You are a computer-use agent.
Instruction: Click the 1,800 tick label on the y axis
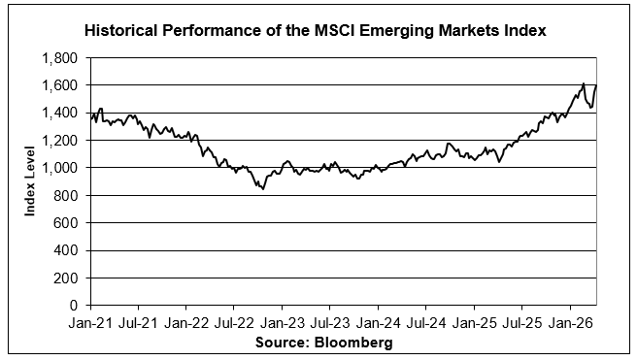pyautogui.click(x=59, y=58)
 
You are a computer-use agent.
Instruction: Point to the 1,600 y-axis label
pyautogui.click(x=59, y=85)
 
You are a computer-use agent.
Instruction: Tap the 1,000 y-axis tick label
pyautogui.click(x=59, y=168)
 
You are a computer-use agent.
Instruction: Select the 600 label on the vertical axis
pyautogui.click(x=65, y=223)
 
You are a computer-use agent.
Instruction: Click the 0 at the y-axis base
pyautogui.click(x=74, y=306)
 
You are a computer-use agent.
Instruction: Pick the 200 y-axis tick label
pyautogui.click(x=65, y=278)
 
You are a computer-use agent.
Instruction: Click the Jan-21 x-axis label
pyautogui.click(x=90, y=323)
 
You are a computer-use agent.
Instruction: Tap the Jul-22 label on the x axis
pyautogui.click(x=234, y=323)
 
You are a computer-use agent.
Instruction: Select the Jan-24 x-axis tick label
pyautogui.click(x=379, y=323)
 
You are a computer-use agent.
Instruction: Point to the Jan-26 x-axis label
pyautogui.click(x=570, y=323)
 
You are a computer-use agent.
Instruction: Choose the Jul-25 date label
pyautogui.click(x=522, y=323)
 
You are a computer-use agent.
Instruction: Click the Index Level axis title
pyautogui.click(x=30, y=181)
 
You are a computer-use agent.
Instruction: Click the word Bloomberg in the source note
pyautogui.click(x=353, y=343)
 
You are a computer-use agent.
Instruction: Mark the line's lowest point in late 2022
pyautogui.click(x=263, y=189)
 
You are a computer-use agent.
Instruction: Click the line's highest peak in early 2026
pyautogui.click(x=584, y=83)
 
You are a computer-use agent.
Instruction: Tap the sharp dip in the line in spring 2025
pyautogui.click(x=499, y=162)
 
